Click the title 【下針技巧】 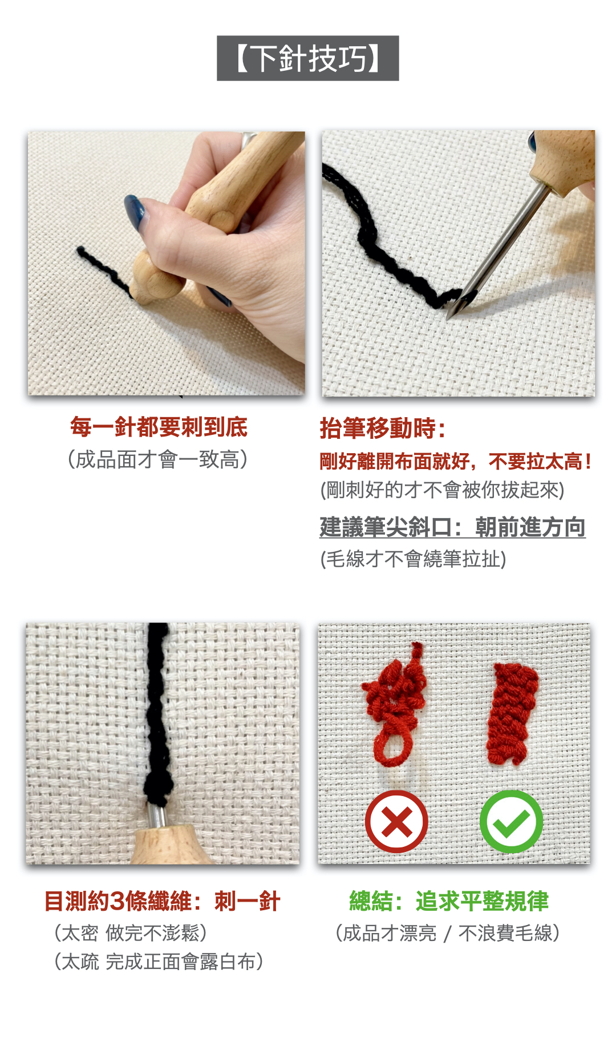pyautogui.click(x=308, y=58)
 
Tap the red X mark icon pyautogui.click(x=396, y=822)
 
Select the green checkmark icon pyautogui.click(x=512, y=822)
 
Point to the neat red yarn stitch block pyautogui.click(x=512, y=713)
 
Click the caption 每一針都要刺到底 pyautogui.click(x=159, y=427)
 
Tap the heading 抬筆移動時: pyautogui.click(x=383, y=428)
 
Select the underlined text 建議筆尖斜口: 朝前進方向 pyautogui.click(x=452, y=527)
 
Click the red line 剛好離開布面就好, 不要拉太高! pyautogui.click(x=456, y=461)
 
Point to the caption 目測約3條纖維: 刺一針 pyautogui.click(x=163, y=902)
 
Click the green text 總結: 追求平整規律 pyautogui.click(x=449, y=902)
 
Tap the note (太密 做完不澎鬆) pyautogui.click(x=131, y=933)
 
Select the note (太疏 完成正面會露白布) pyautogui.click(x=159, y=962)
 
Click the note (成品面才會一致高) pyautogui.click(x=158, y=459)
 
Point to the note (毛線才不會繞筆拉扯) pyautogui.click(x=414, y=559)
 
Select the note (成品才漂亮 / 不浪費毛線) pyautogui.click(x=448, y=933)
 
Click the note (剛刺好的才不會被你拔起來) pyautogui.click(x=442, y=490)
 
